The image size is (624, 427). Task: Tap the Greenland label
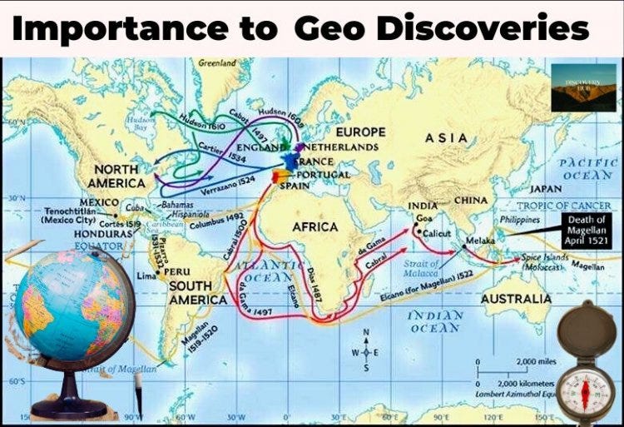click(219, 62)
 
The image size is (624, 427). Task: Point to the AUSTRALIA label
click(516, 298)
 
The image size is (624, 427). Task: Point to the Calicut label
click(437, 234)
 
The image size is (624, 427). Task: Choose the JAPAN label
click(546, 189)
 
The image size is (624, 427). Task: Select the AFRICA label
click(315, 226)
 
